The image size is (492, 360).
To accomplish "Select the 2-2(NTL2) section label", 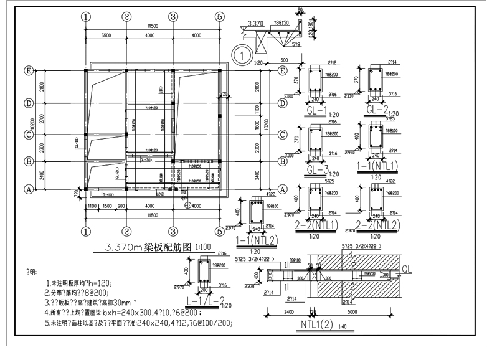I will [377, 224].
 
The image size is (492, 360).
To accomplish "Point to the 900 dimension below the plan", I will [120, 206].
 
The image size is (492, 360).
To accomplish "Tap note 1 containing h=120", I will [85, 283].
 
